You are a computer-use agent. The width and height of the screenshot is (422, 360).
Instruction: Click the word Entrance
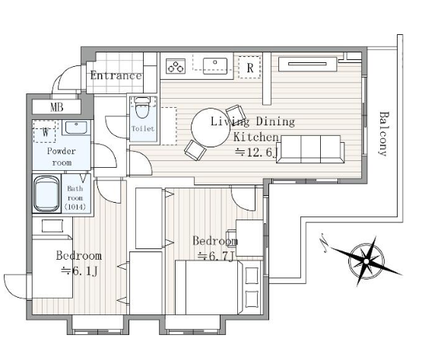pyautogui.click(x=116, y=75)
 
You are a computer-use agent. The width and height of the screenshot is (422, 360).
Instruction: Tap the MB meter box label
pyautogui.click(x=57, y=108)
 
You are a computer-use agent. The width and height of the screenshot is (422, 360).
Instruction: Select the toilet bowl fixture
pyautogui.click(x=142, y=108)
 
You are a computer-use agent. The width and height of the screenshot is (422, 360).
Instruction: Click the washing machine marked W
pyautogui.click(x=44, y=131)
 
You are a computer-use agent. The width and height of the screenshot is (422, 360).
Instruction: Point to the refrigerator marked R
pyautogui.click(x=249, y=68)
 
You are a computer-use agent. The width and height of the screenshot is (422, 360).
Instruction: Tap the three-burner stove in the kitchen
pyautogui.click(x=176, y=66)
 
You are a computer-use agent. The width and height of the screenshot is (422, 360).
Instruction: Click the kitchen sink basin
pyautogui.click(x=215, y=66)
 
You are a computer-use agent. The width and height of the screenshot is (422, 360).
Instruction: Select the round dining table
pyautogui.click(x=211, y=128)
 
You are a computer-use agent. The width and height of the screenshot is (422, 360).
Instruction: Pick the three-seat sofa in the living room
pyautogui.click(x=310, y=149)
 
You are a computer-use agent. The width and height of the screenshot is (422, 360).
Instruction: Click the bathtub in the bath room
pyautogui.click(x=46, y=194)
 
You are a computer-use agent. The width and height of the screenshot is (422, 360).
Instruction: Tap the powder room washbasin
pyautogui.click(x=76, y=128)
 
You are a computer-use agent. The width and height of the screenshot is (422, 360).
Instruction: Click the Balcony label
pyautogui.click(x=383, y=134)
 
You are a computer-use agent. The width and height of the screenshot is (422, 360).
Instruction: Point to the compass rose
pyautogui.click(x=366, y=261)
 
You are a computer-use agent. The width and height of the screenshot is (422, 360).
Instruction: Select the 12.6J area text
pyautogui.click(x=256, y=153)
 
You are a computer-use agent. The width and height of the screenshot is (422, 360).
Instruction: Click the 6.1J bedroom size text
pyautogui.click(x=79, y=271)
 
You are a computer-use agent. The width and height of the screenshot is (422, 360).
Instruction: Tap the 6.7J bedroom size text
pyautogui.click(x=215, y=256)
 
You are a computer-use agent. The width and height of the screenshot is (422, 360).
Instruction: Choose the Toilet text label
pyautogui.click(x=143, y=129)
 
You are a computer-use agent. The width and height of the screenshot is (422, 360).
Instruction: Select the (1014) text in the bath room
pyautogui.click(x=75, y=207)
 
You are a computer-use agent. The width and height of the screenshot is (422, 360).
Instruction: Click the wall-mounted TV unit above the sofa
pyautogui.click(x=307, y=64)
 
